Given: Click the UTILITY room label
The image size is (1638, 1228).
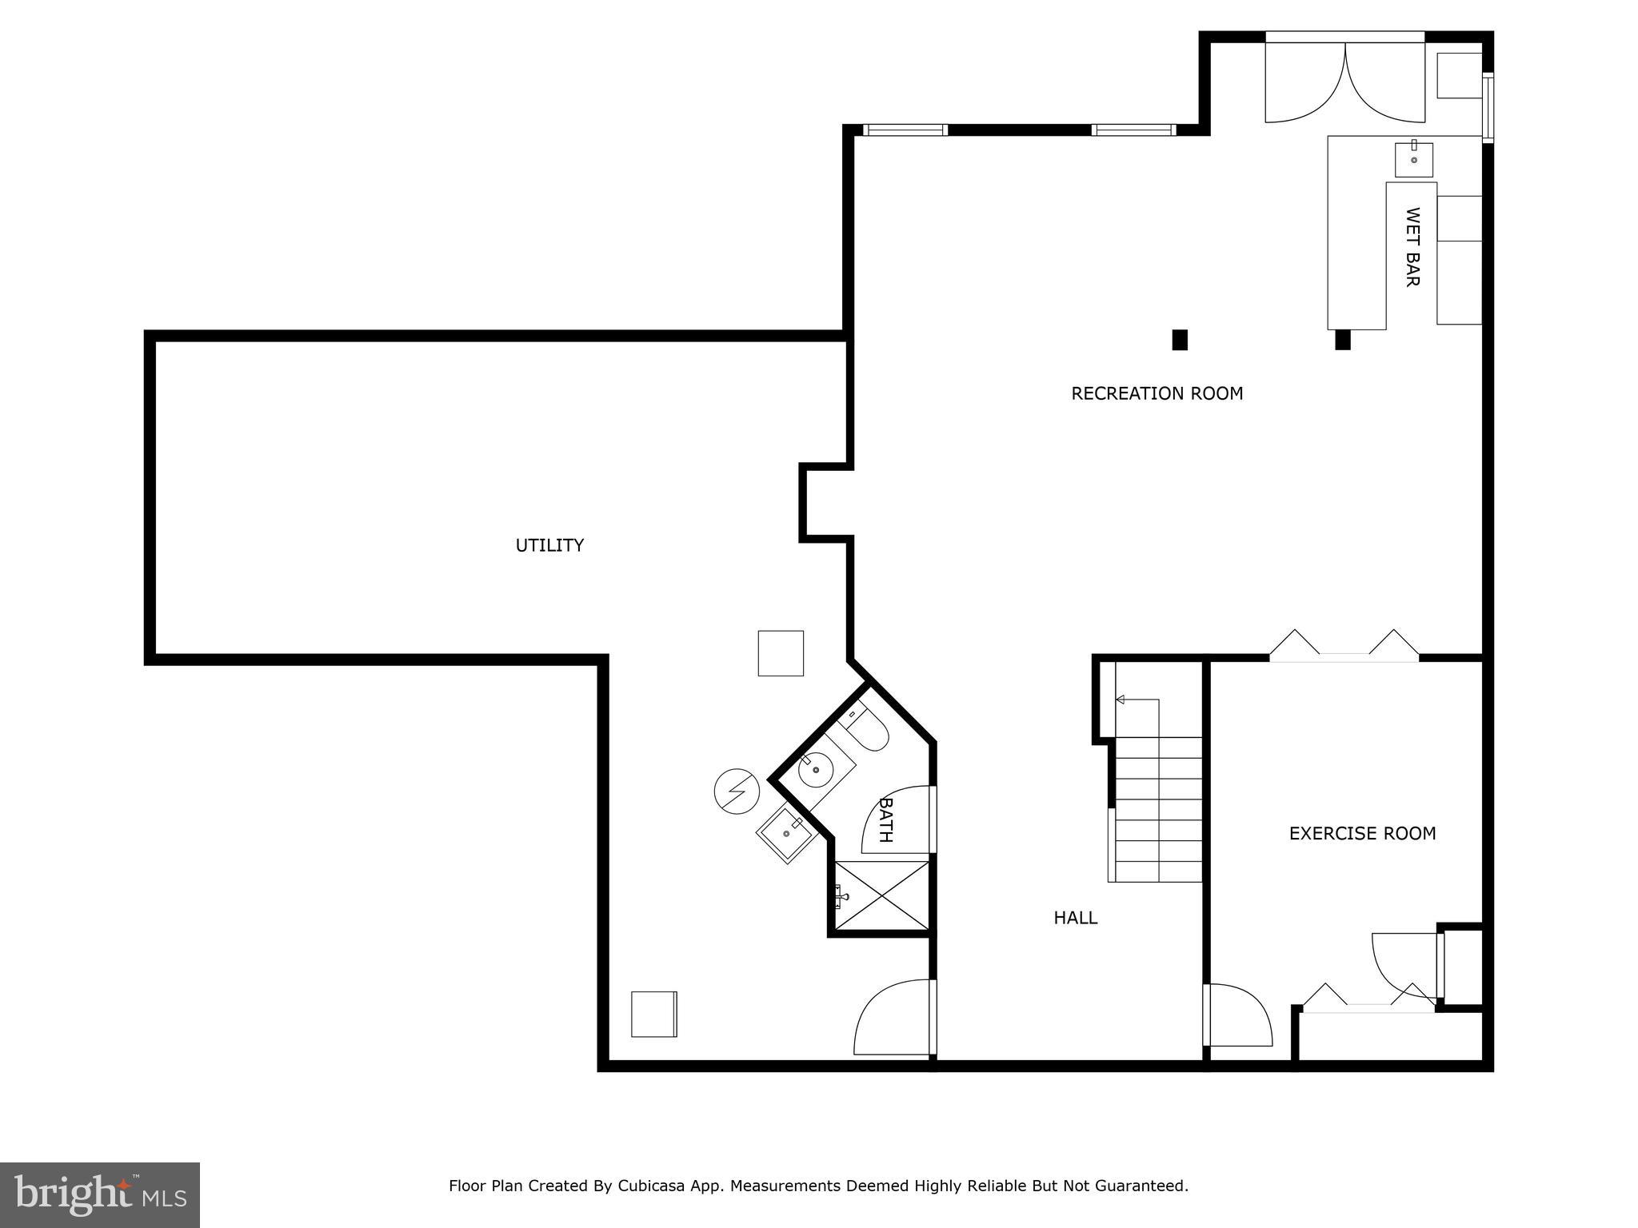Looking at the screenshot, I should click(549, 545).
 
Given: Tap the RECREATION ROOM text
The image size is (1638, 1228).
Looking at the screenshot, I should click(1157, 393).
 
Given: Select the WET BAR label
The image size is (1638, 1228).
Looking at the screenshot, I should click(1412, 247).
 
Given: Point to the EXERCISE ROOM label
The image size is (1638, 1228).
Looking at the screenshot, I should click(1362, 834).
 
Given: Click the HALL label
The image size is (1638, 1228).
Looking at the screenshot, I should click(1075, 918).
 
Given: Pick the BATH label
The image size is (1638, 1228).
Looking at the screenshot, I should click(885, 819).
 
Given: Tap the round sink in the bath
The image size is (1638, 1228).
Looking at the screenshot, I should click(817, 770).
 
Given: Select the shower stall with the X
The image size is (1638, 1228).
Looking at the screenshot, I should click(882, 895).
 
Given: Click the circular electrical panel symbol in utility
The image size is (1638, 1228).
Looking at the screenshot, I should click(736, 791).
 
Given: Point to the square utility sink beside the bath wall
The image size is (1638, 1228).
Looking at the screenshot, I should click(789, 835).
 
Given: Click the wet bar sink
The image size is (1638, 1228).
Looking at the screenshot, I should click(1413, 159).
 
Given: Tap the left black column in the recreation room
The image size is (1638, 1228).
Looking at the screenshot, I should click(1180, 340).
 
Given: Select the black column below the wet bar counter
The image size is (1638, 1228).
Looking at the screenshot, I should click(1343, 340).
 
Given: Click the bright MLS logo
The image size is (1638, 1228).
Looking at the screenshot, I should click(100, 1195).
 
